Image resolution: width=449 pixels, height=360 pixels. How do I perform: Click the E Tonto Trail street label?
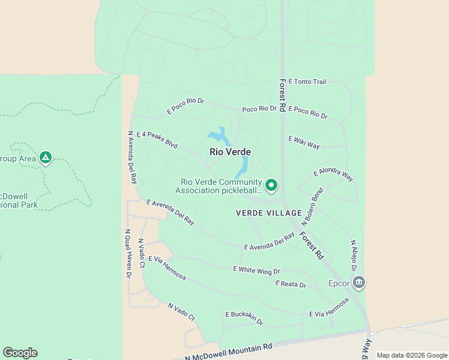click(307, 82)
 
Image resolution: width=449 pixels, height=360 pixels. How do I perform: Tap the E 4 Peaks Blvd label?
click(157, 140)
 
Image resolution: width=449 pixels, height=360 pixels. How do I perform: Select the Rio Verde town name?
click(230, 152)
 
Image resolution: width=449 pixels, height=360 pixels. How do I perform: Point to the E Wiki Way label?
click(304, 142)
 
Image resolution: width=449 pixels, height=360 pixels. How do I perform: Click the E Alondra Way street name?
click(333, 175)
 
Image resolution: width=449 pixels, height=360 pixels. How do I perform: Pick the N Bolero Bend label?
click(316, 206)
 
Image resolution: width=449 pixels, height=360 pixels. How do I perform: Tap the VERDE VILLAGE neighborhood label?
click(268, 214)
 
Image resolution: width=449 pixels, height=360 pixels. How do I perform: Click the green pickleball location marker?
click(271, 185)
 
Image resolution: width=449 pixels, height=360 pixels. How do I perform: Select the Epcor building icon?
click(359, 282)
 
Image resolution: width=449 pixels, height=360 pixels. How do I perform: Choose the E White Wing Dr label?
click(256, 271)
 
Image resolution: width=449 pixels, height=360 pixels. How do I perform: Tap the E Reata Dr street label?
click(291, 284)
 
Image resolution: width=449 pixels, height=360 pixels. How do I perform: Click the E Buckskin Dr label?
click(244, 318)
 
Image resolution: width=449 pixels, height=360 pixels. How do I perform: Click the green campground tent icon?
click(45, 158)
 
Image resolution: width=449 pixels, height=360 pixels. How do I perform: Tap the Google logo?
click(20, 353)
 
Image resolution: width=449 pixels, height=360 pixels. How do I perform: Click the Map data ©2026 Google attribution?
click(412, 355)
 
